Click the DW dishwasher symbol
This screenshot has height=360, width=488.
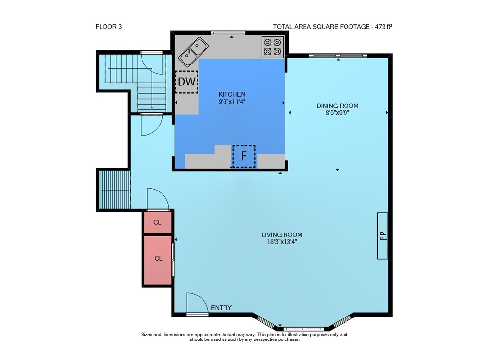[186, 82]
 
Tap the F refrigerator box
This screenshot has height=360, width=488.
[244, 156]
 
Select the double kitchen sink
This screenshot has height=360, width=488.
[193, 52]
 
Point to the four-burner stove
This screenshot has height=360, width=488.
[273, 47]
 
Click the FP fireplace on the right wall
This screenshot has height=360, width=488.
[383, 236]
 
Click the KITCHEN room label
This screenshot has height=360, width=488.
[231, 94]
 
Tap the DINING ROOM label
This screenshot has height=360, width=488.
[337, 106]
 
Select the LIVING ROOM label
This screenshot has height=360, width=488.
[282, 235]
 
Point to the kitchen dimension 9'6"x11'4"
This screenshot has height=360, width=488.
[231, 102]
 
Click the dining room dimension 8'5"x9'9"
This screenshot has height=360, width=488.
[337, 113]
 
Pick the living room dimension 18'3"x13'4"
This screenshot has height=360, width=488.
[282, 242]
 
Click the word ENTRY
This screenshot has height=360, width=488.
[221, 308]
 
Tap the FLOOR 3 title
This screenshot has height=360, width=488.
[108, 27]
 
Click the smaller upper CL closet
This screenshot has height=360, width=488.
[158, 222]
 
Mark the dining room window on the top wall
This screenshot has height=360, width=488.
[338, 56]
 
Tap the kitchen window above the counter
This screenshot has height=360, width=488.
[228, 33]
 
